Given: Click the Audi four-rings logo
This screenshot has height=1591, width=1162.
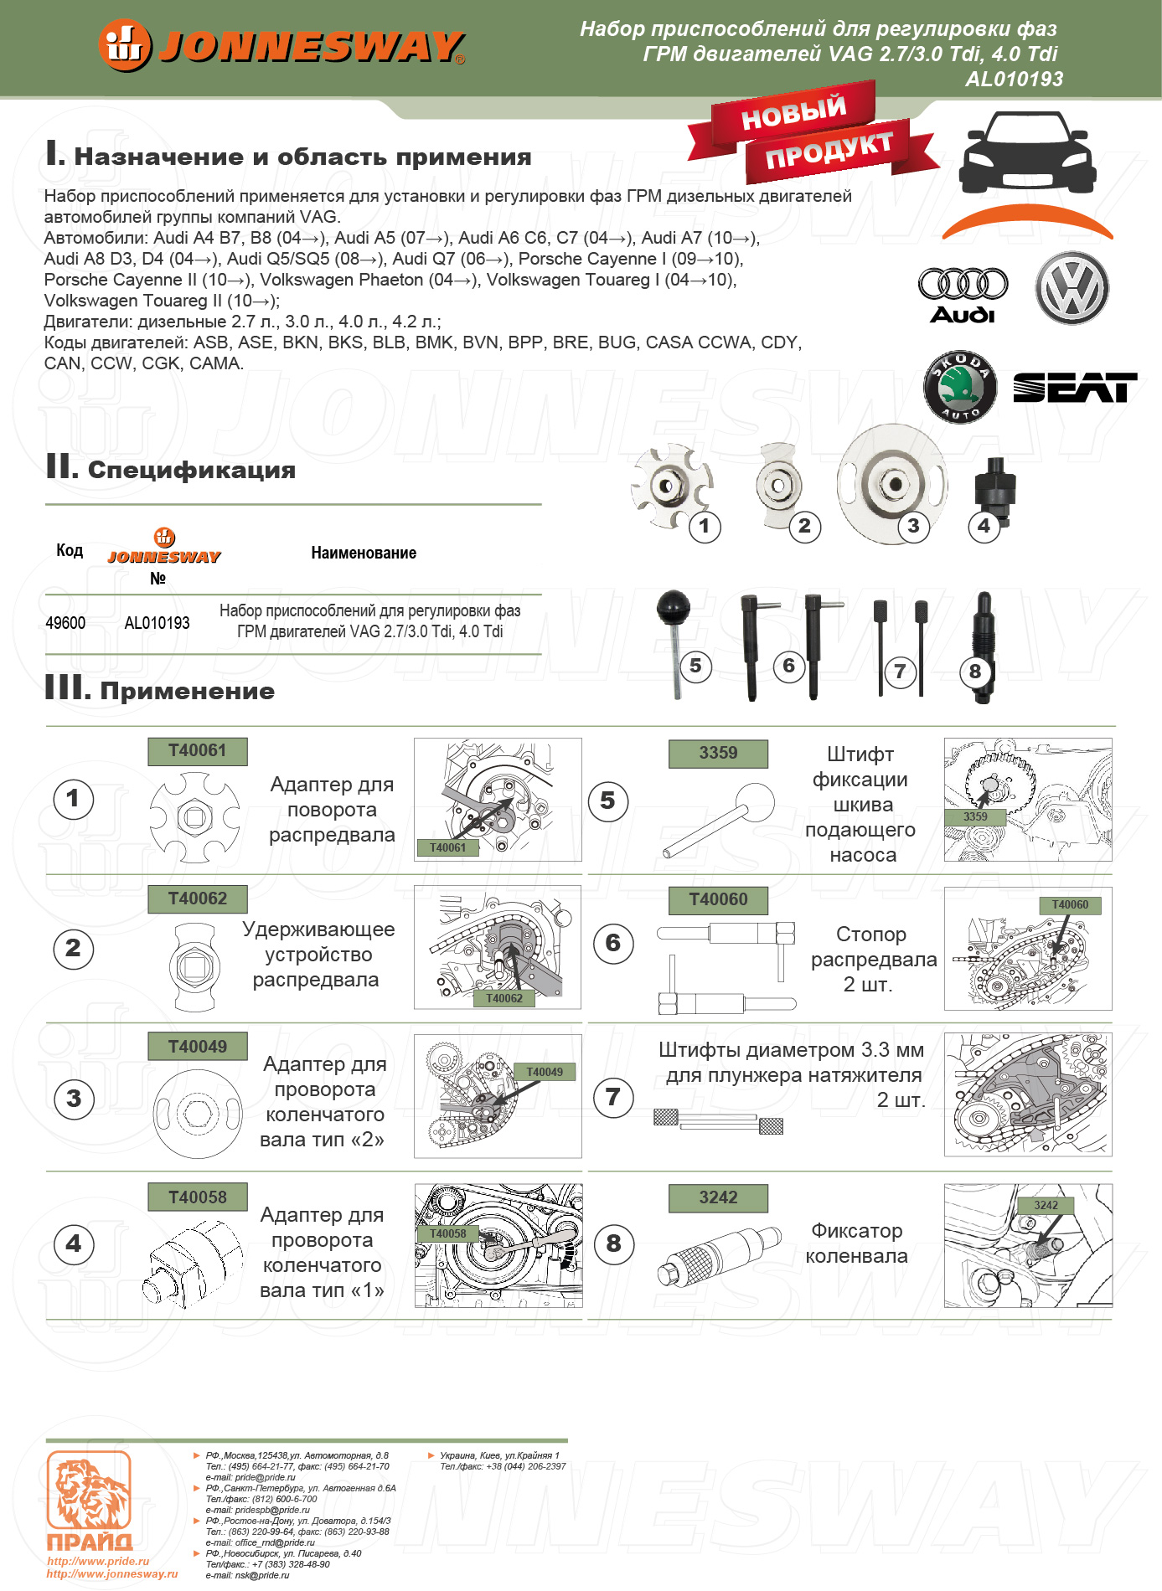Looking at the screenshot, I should (963, 285).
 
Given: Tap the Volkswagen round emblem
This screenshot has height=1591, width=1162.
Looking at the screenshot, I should (1072, 289).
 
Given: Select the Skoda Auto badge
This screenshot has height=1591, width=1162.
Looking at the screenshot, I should (960, 386).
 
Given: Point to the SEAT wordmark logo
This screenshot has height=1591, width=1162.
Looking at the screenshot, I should (1075, 388).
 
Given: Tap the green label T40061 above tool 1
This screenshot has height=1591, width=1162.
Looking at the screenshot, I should (198, 751).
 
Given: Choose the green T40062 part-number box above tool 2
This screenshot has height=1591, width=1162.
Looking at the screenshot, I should (198, 899).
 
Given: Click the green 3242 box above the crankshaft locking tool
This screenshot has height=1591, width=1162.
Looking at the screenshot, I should (718, 1198).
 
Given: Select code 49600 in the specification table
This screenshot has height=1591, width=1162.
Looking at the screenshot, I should (65, 623).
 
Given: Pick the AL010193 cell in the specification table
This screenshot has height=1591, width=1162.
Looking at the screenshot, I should (157, 623).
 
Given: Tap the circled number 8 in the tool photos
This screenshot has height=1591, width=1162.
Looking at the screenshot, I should (975, 672).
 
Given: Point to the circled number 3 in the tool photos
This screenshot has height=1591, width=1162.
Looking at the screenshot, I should (913, 526).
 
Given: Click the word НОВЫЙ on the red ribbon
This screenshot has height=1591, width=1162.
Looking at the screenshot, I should (793, 113).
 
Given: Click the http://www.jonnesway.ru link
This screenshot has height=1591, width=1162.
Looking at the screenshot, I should (112, 1574).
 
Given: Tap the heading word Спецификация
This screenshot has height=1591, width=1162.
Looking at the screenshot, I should (192, 470).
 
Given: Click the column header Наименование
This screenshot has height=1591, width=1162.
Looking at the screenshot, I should (364, 553).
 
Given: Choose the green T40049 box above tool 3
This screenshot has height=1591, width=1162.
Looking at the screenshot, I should (198, 1047).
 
